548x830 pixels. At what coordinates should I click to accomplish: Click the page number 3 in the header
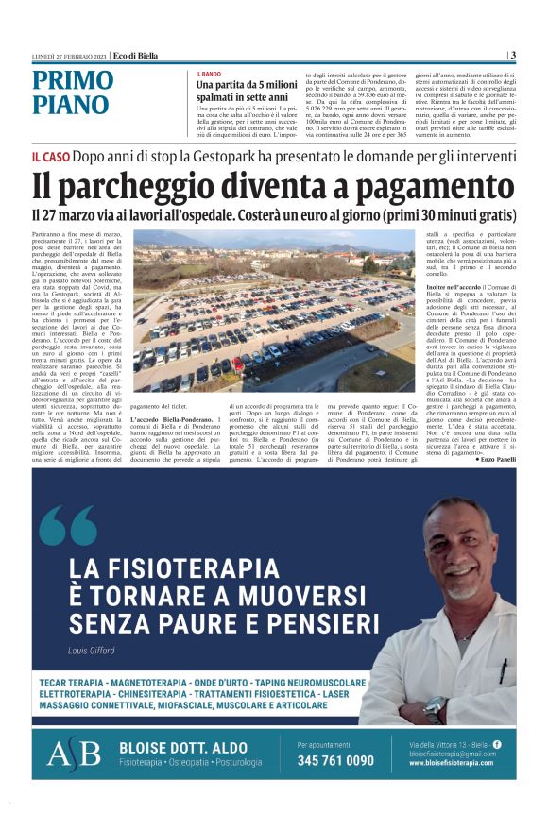(512, 55)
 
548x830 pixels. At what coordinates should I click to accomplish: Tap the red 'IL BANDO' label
(209, 74)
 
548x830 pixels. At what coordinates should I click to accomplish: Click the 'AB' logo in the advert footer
(73, 754)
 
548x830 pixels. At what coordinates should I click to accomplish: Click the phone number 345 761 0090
(335, 760)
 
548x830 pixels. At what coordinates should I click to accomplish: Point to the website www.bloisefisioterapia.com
(454, 763)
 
